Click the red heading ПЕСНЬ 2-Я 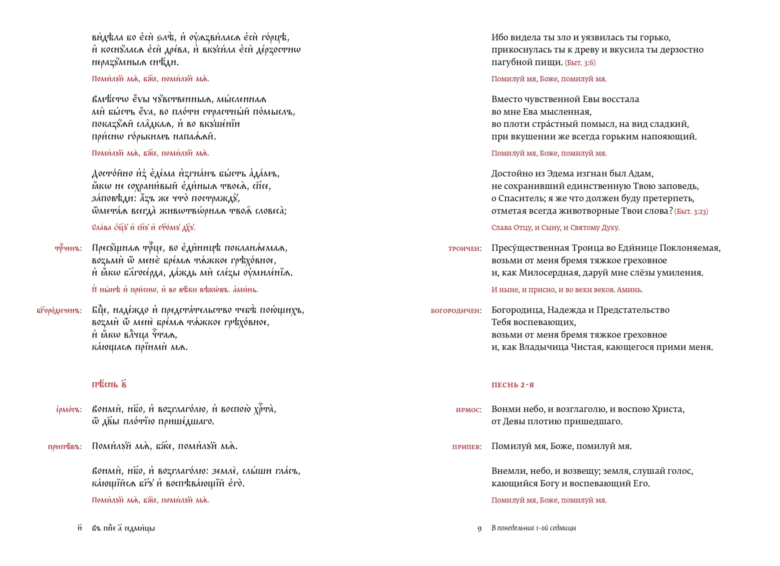click(x=512, y=385)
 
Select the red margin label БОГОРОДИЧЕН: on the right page click(x=456, y=311)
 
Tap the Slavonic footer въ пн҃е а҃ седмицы click(x=123, y=528)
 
